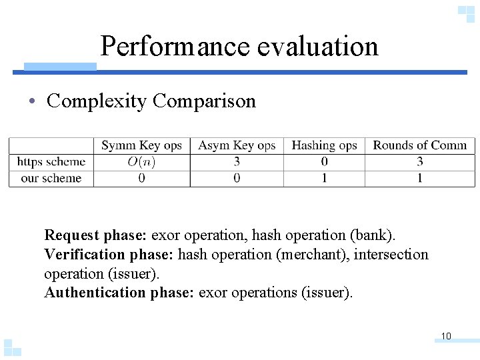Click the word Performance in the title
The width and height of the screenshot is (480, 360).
point(174,46)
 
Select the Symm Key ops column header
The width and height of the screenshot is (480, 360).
point(141,145)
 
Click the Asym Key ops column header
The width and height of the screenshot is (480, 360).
point(237,145)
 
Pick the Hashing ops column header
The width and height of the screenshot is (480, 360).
point(324,145)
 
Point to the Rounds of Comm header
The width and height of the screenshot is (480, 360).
point(420,145)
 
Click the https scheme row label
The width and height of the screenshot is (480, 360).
point(51,162)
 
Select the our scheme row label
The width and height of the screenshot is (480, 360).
point(51,179)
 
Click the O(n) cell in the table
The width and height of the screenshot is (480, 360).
point(141,162)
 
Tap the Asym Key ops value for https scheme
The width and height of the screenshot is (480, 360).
point(237,162)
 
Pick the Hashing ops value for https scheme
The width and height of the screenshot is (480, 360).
point(324,162)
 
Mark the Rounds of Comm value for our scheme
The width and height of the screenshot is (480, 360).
point(420,179)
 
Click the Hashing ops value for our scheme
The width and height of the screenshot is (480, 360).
point(324,179)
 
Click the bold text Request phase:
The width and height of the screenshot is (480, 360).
point(95,235)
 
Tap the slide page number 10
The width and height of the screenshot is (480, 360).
point(446,336)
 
